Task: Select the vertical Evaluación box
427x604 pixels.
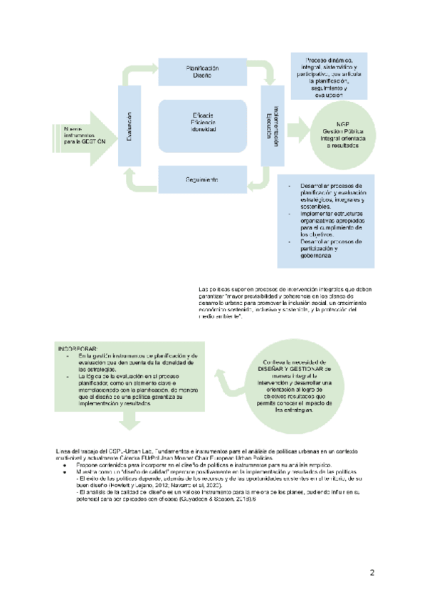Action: (129, 127)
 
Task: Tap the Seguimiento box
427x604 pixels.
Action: (203, 178)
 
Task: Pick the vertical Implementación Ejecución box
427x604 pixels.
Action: (271, 127)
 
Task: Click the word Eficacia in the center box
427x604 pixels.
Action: (203, 115)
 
